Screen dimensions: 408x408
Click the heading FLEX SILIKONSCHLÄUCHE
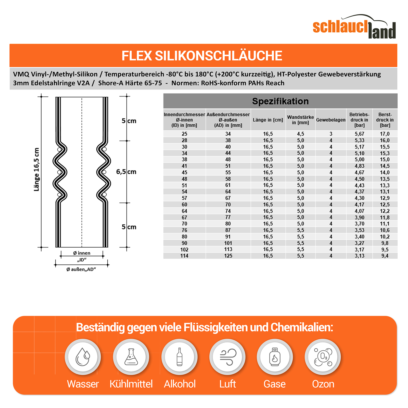202,56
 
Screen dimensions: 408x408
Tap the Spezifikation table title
280,101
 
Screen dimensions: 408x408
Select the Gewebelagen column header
331,120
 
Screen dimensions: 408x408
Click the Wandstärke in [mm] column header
300,120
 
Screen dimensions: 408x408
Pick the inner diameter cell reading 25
184,134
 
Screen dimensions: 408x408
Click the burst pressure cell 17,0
385,134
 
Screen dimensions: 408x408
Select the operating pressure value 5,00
359,160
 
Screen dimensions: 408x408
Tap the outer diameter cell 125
228,256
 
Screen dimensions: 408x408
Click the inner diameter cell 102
184,250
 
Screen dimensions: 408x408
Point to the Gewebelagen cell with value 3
331,134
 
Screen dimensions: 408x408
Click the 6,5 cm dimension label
126,172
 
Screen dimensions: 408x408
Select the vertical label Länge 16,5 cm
37,169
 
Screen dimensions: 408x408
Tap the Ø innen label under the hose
82,253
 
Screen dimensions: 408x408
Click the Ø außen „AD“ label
81,269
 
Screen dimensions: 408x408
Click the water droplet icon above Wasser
83,357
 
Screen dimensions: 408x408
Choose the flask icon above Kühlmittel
131,357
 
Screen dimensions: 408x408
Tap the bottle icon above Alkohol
180,357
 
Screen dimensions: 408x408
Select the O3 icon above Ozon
323,357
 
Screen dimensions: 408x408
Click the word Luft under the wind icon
227,384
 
